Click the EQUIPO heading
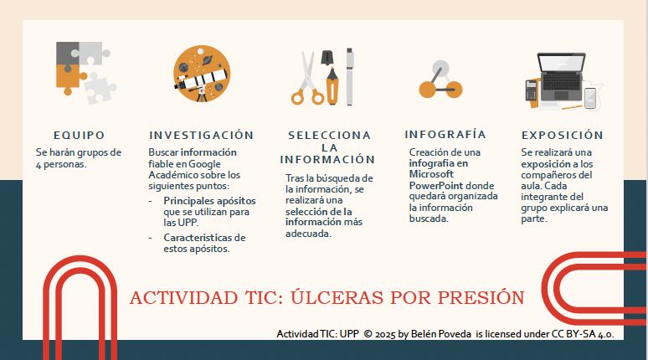(79, 134)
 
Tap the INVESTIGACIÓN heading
(201, 134)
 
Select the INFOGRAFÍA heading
(445, 134)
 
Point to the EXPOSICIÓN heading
(562, 134)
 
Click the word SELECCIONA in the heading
(329, 135)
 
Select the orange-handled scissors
(306, 80)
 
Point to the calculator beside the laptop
(531, 90)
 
